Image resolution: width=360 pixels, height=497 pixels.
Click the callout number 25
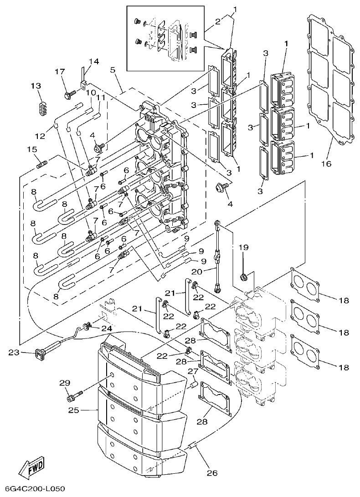click(x=74, y=410)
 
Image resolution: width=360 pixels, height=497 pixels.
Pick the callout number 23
click(x=14, y=352)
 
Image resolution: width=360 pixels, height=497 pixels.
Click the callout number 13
click(x=36, y=86)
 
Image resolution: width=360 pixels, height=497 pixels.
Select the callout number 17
click(x=60, y=72)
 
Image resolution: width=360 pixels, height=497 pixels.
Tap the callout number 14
click(x=93, y=61)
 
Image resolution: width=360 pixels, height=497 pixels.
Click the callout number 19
click(x=243, y=247)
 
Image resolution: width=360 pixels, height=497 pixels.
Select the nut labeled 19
click(x=244, y=277)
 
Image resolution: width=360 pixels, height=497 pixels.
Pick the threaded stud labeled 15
click(x=41, y=162)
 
